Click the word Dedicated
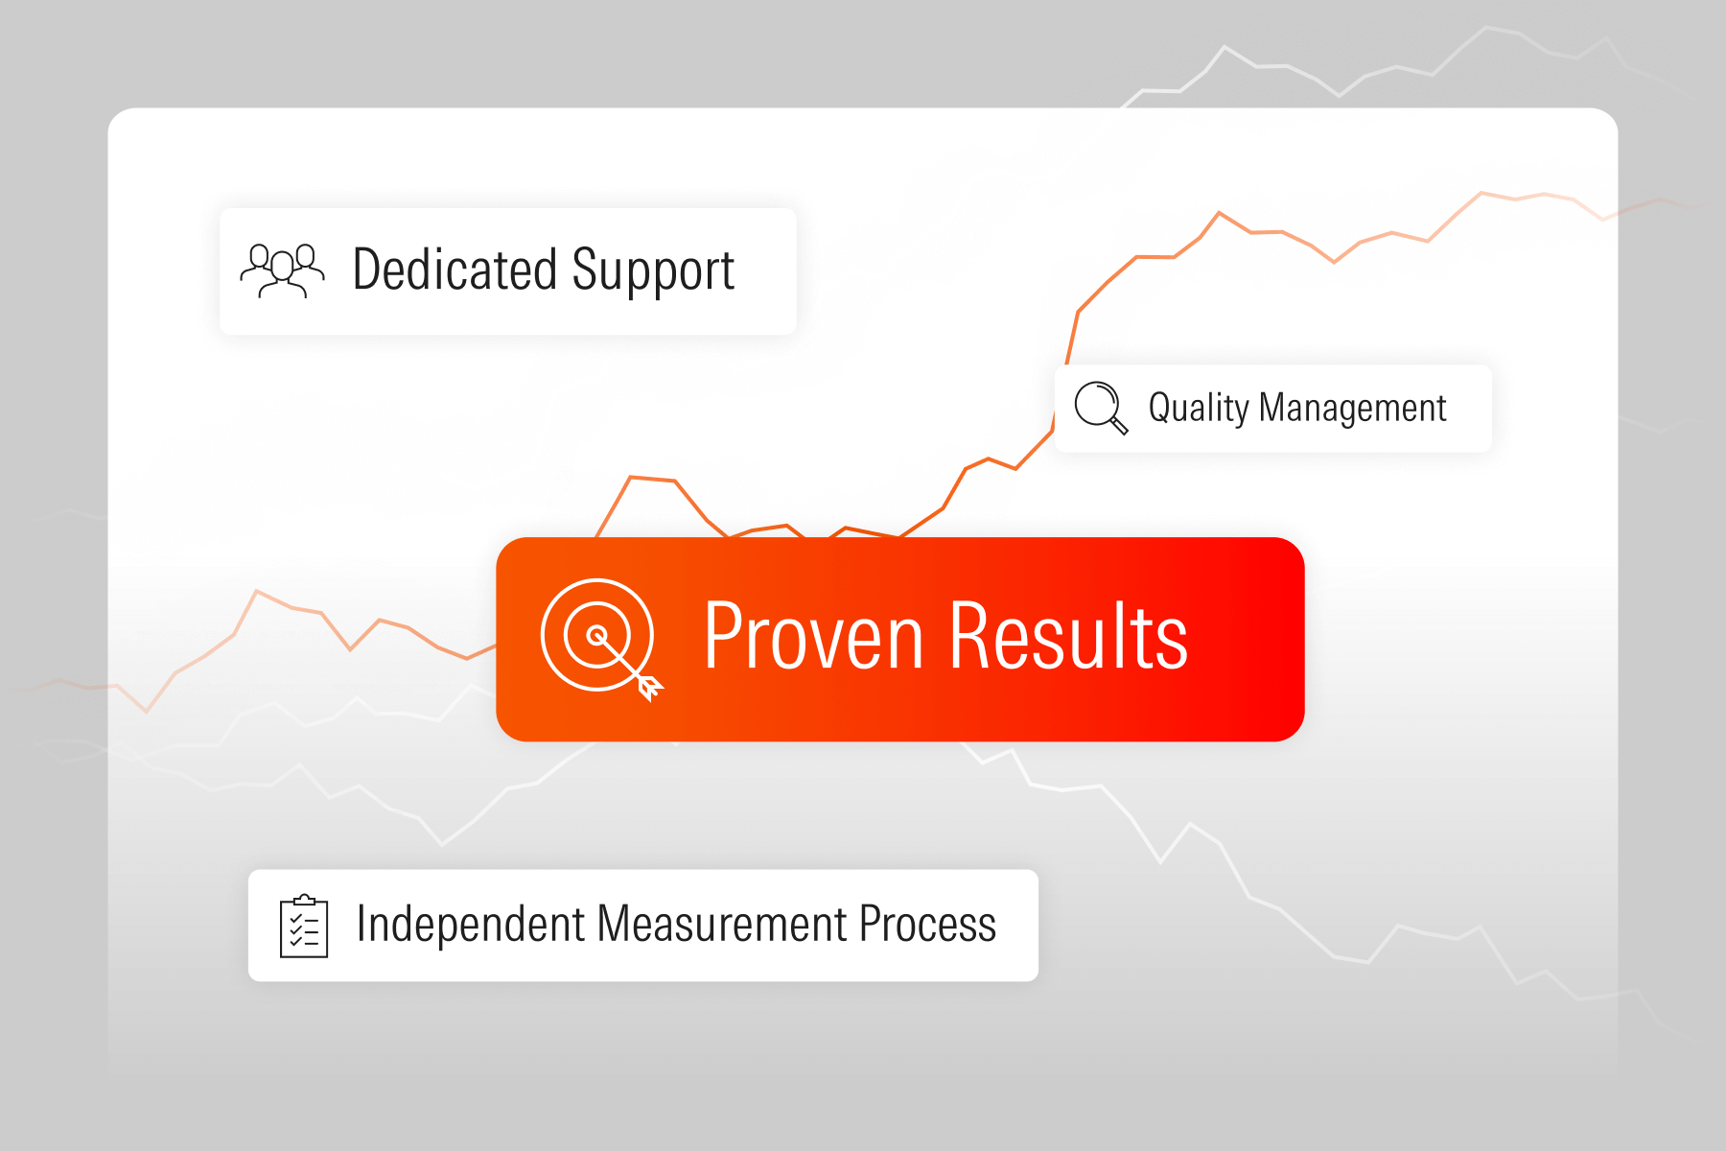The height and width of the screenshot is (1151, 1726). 455,270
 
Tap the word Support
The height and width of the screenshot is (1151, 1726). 654,272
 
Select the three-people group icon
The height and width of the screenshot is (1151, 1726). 282,271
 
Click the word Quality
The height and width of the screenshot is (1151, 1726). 1199,409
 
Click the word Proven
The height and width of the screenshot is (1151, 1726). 814,636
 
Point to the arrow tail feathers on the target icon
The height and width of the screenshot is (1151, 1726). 650,688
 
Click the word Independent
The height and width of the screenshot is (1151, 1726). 470,924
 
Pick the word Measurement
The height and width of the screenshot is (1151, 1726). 722,925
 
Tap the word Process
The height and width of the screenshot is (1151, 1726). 927,925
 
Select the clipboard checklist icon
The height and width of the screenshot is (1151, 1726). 304,926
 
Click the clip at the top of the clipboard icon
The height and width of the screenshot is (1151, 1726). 304,900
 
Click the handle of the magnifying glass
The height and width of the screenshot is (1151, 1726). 1119,426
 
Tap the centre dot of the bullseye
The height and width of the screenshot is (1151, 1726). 596,634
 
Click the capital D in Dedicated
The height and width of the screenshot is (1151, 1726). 369,269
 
